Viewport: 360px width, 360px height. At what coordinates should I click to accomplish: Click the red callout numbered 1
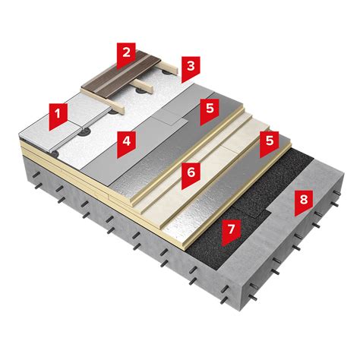click(58, 116)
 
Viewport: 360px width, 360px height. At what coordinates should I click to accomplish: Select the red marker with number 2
click(126, 55)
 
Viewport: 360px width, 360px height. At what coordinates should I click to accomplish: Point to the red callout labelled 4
click(127, 144)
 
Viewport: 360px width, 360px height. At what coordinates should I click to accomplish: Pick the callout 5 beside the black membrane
click(270, 144)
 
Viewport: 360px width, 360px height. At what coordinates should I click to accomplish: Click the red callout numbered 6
click(191, 175)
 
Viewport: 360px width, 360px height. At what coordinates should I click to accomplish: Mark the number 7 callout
click(231, 232)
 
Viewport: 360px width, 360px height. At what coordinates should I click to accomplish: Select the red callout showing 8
click(304, 203)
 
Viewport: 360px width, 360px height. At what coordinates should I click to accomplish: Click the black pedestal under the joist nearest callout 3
click(166, 73)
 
